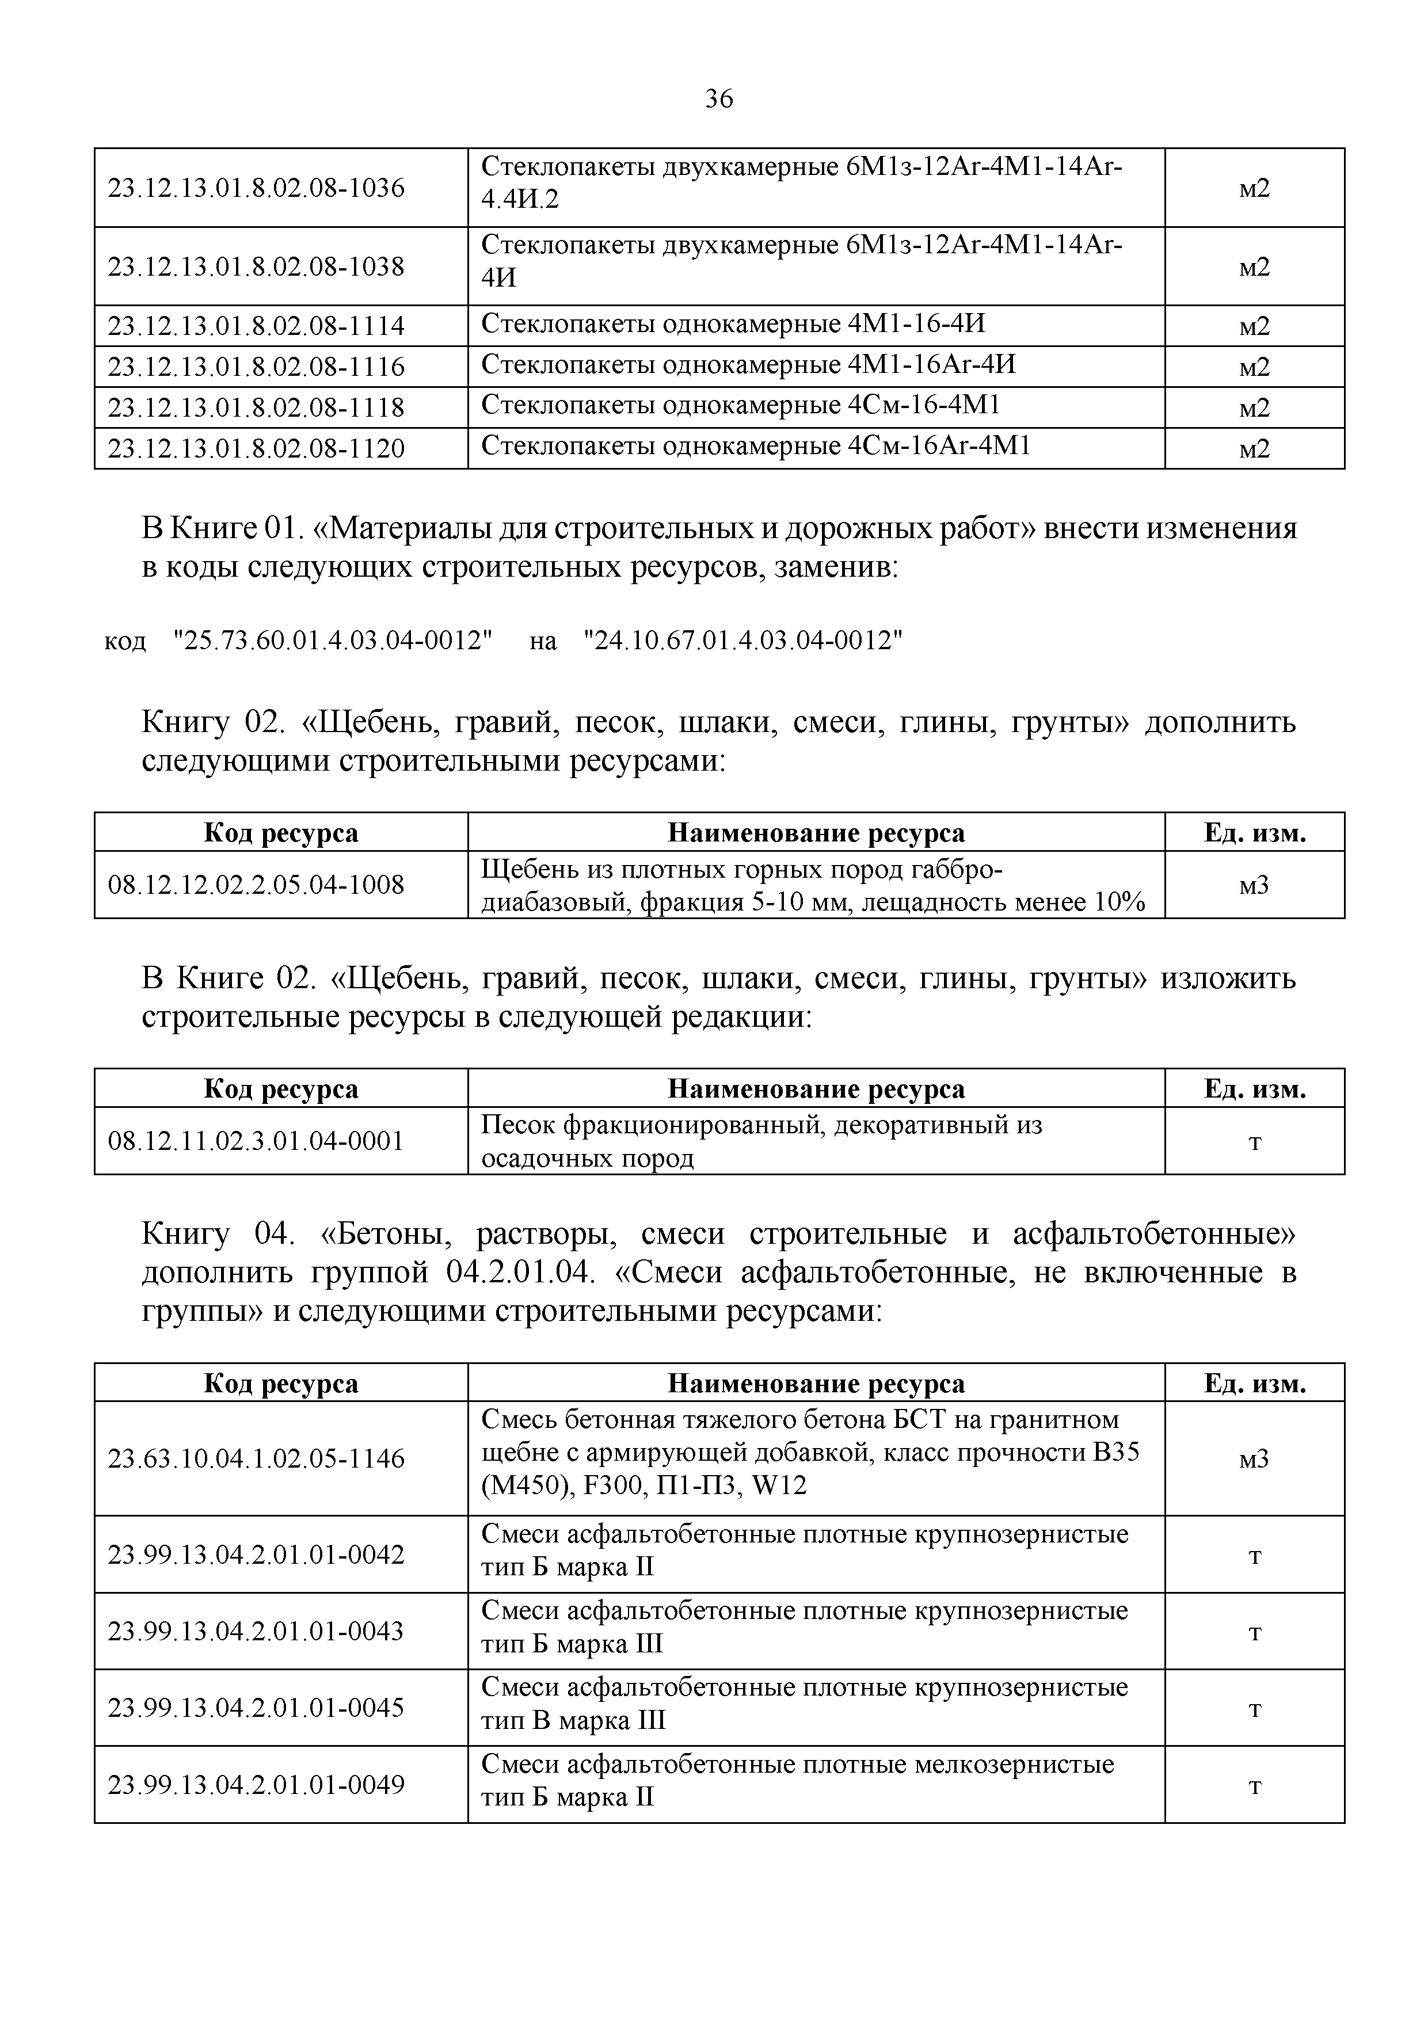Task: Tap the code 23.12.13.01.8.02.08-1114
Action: (x=256, y=326)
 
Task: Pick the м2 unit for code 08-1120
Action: (x=1254, y=449)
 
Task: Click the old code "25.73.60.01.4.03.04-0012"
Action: (x=333, y=640)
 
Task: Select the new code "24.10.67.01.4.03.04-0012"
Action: (x=743, y=640)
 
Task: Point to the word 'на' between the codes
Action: (x=543, y=642)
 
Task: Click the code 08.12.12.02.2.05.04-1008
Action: (x=256, y=885)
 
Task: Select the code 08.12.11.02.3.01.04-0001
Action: (x=256, y=1141)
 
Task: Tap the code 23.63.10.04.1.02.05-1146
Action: (x=256, y=1459)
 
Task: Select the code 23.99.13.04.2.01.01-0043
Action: (x=256, y=1631)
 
